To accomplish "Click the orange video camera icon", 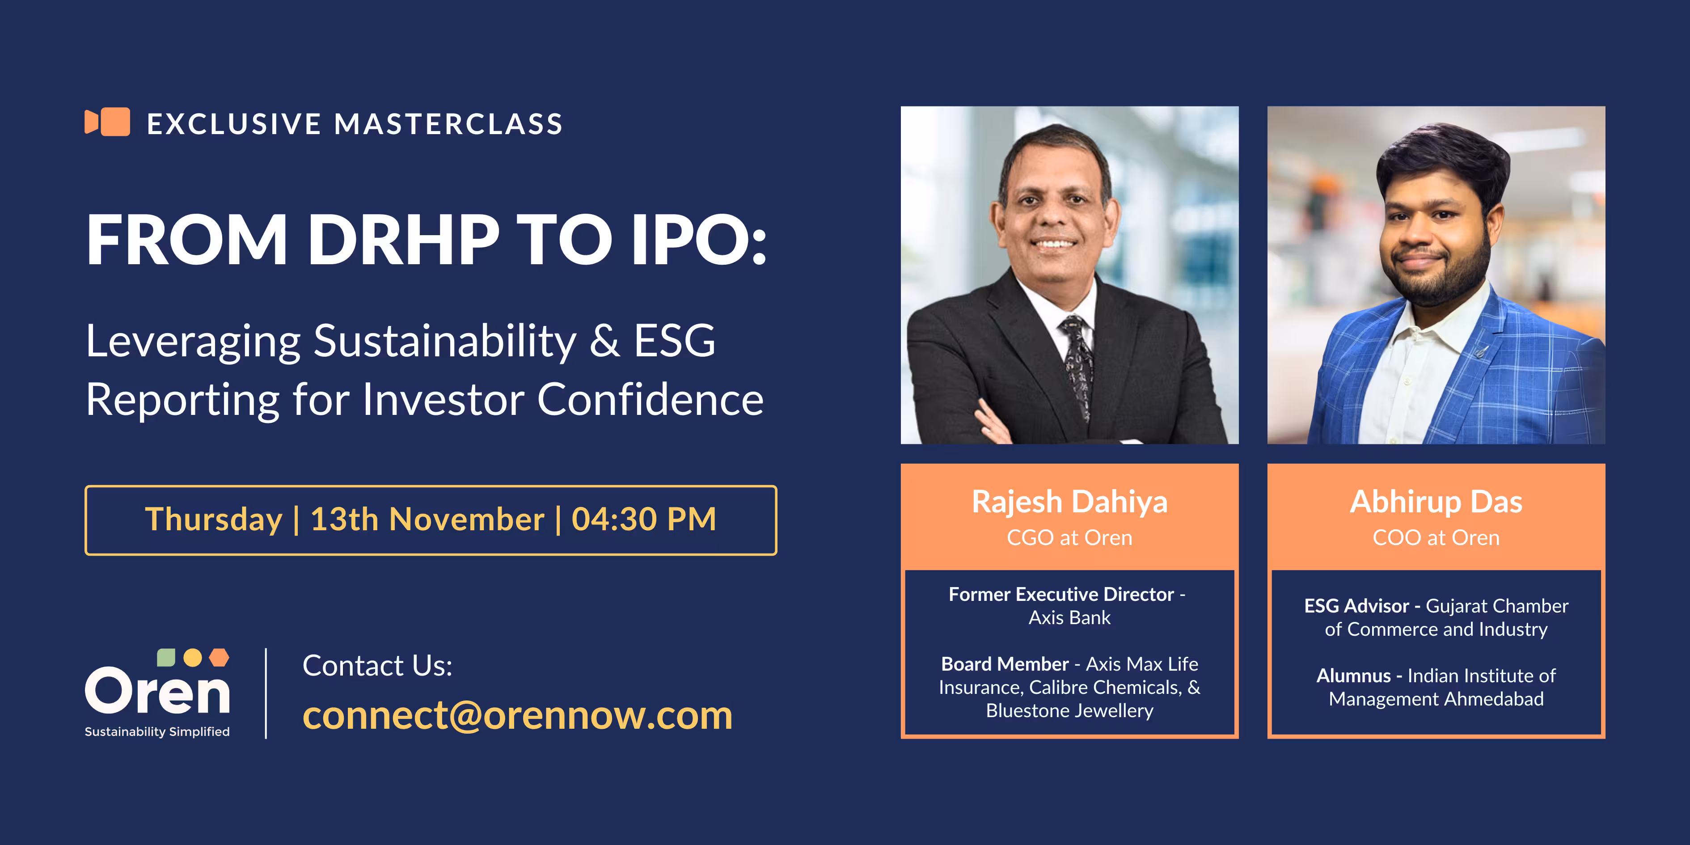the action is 107,122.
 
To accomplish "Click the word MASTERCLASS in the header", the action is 449,124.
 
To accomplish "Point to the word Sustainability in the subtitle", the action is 445,342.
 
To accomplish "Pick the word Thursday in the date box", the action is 213,520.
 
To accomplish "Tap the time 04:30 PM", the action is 644,519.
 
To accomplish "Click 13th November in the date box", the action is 427,519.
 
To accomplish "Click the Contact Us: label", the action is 377,665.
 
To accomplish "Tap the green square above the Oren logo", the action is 166,657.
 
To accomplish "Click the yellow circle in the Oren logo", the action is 192,657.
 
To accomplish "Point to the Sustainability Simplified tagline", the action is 157,731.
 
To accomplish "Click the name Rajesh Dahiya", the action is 1069,502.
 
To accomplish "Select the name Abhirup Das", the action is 1436,502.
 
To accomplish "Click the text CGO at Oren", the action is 1069,538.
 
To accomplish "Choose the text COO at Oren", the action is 1436,538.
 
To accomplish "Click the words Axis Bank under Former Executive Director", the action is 1069,618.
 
